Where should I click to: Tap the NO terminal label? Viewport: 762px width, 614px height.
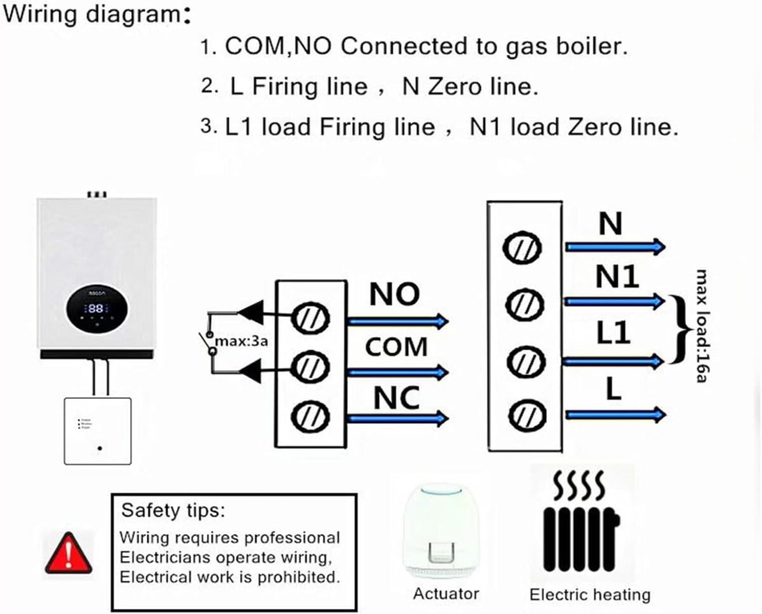point(395,294)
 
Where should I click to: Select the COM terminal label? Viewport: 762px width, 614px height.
point(396,347)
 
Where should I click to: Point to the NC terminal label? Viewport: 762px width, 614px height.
point(396,398)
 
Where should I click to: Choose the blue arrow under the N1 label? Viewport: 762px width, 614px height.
point(613,300)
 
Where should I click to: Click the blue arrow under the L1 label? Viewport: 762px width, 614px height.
point(613,361)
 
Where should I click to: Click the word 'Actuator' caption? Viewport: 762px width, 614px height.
point(446,594)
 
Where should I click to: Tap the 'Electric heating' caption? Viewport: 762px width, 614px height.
point(590,595)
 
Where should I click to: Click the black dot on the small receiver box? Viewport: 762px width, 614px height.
point(100,449)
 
